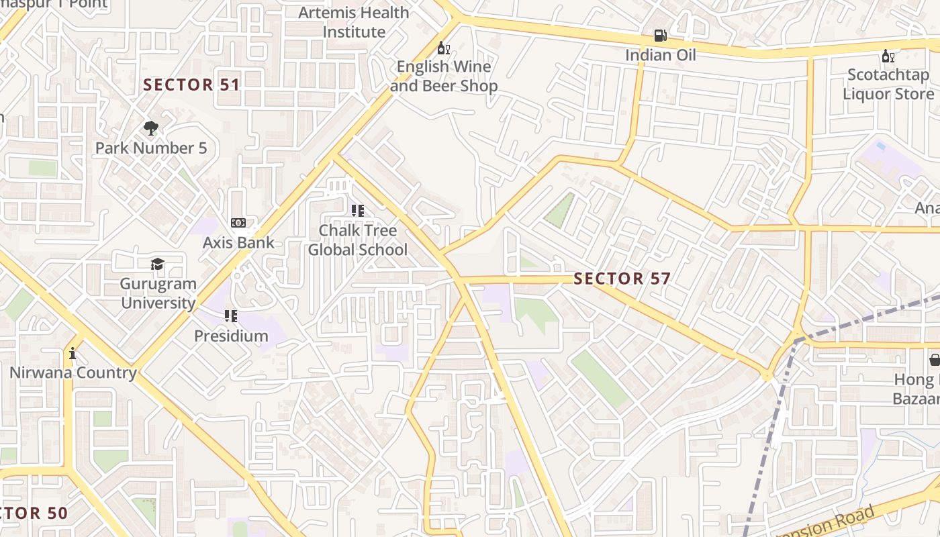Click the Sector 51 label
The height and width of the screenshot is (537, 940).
(191, 85)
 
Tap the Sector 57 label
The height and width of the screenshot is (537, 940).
(622, 279)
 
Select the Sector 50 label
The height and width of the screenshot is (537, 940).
(34, 514)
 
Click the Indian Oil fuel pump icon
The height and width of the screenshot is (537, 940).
(661, 36)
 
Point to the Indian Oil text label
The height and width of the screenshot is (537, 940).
(661, 55)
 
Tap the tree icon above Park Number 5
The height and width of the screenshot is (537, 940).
(151, 128)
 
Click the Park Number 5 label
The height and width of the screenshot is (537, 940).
(151, 148)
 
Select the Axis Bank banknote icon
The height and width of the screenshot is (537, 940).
(238, 223)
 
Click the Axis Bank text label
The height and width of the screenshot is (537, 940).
(238, 242)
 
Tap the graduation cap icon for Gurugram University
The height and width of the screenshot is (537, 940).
(158, 264)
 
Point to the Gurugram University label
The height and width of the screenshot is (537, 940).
(158, 293)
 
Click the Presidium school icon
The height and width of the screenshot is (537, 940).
(231, 315)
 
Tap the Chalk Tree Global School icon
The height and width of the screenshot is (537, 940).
(358, 211)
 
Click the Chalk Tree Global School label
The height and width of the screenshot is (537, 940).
(358, 240)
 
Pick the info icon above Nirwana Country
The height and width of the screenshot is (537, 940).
(73, 353)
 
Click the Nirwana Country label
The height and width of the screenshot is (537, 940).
(73, 373)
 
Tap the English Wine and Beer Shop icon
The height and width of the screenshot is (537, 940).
(443, 48)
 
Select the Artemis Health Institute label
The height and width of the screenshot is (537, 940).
(353, 22)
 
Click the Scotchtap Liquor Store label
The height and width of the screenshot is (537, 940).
(888, 84)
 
